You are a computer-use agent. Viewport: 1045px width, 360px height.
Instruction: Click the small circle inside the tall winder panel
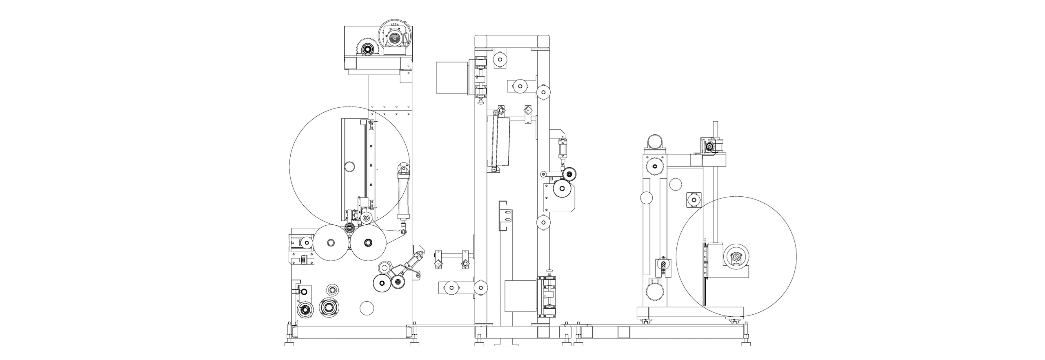pos(349,167)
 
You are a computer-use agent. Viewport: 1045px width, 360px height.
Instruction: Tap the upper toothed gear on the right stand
pos(655,167)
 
